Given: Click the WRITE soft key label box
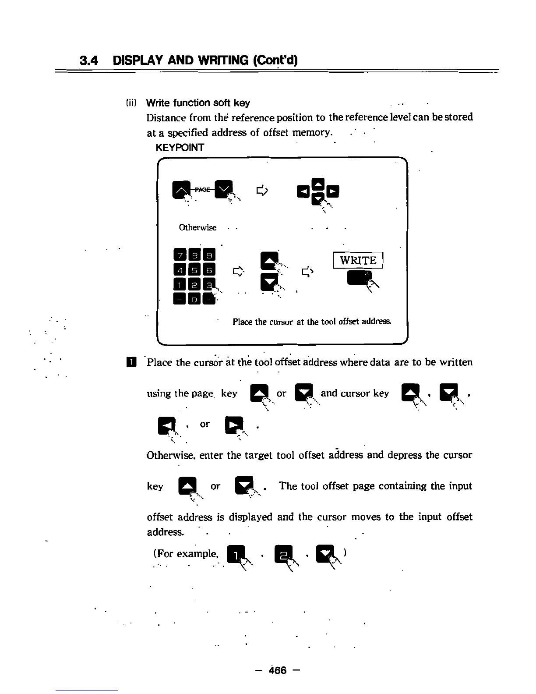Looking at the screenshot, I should [x=358, y=261].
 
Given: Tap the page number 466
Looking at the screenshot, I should [x=278, y=670].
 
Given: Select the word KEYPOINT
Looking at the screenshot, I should [x=180, y=147].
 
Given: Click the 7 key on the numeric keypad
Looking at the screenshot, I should [x=180, y=254].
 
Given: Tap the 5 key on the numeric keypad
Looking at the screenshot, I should [x=195, y=269].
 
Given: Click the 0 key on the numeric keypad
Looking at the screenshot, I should [x=195, y=299].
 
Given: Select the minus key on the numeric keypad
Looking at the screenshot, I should [x=180, y=299].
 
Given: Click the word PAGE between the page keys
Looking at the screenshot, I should [x=202, y=189].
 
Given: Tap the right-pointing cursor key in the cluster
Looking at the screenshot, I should [x=333, y=191].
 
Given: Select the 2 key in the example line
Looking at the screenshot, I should [x=281, y=555].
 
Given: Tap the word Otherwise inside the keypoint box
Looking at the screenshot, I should [x=197, y=227].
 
